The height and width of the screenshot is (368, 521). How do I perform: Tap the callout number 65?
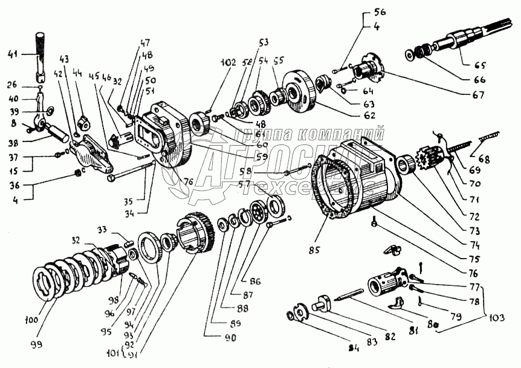tap(480, 65)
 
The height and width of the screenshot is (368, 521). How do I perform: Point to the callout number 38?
tap(10, 144)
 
